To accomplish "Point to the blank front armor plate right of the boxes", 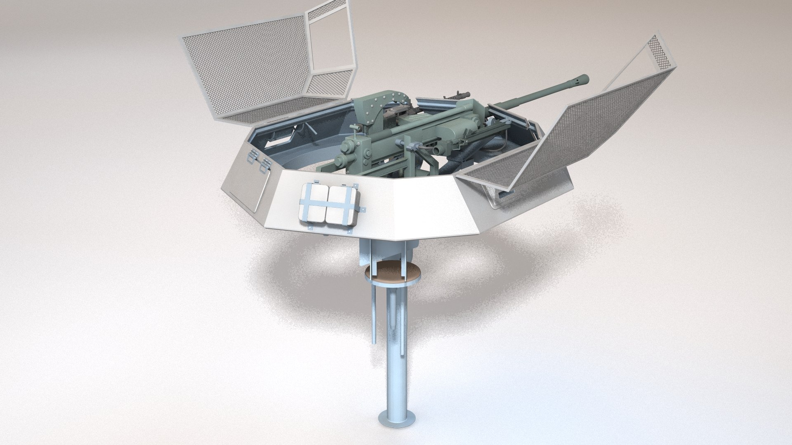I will [425, 210].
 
